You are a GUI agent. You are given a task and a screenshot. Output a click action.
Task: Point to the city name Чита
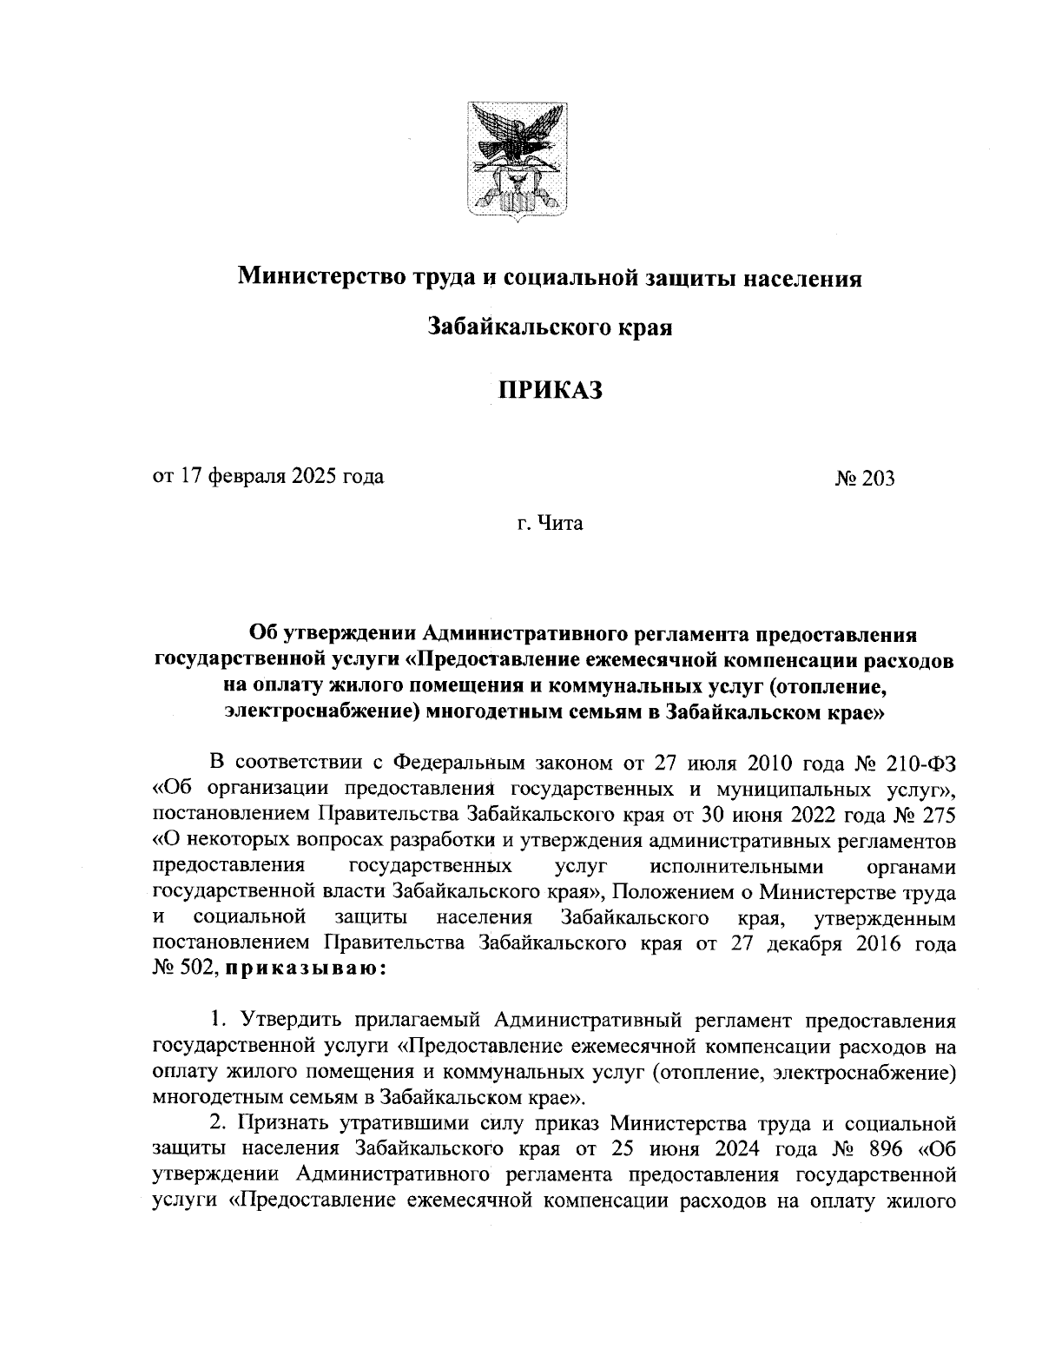pyautogui.click(x=562, y=524)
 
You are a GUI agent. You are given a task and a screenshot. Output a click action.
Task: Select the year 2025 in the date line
pyautogui.click(x=319, y=477)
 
